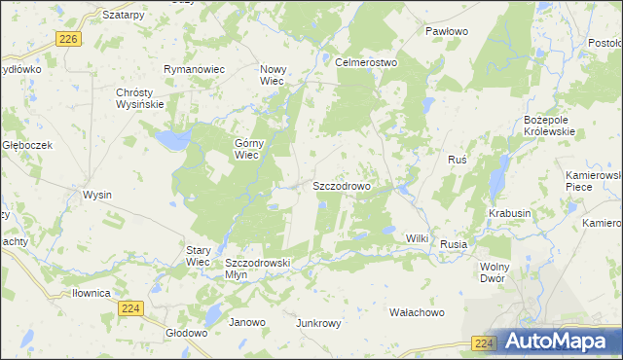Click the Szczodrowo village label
[341, 185]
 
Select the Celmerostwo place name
[366, 62]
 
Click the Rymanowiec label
[194, 70]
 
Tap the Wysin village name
[97, 195]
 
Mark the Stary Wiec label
[198, 256]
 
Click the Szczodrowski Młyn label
[258, 269]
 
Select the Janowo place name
[246, 322]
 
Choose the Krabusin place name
[510, 213]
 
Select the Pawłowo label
[447, 31]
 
